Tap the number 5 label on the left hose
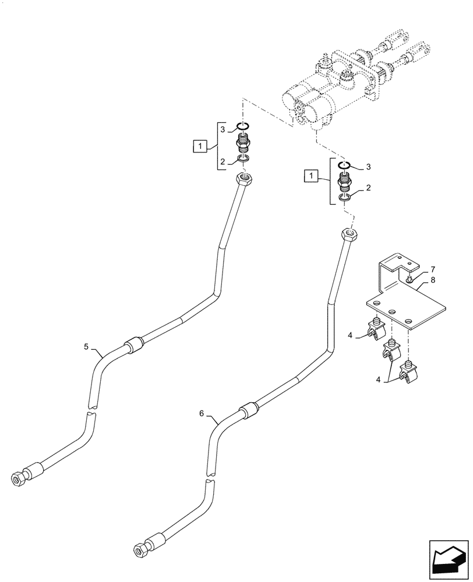click(86, 347)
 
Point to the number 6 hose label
click(202, 413)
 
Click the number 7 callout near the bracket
click(433, 270)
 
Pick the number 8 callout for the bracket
click(433, 280)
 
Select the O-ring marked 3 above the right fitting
click(345, 165)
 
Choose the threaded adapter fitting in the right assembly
click(345, 182)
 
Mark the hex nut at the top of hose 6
click(348, 235)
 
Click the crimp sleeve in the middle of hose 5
click(134, 345)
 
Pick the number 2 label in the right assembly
click(368, 189)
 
